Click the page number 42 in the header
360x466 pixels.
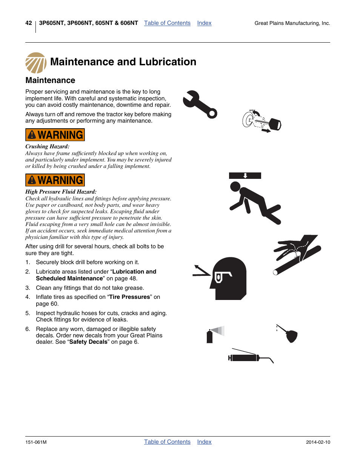29,23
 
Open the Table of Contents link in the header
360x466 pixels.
167,23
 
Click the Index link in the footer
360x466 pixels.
204,442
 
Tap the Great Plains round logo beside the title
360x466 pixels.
36,63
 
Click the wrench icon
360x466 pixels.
200,104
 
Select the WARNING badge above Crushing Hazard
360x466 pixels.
55,135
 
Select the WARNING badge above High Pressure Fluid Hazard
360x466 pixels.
55,180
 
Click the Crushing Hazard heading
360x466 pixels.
48,146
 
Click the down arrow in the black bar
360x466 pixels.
245,175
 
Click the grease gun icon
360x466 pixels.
249,357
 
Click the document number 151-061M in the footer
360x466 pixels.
36,442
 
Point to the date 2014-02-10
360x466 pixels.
318,442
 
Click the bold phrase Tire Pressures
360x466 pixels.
129,297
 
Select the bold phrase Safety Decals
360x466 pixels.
88,342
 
